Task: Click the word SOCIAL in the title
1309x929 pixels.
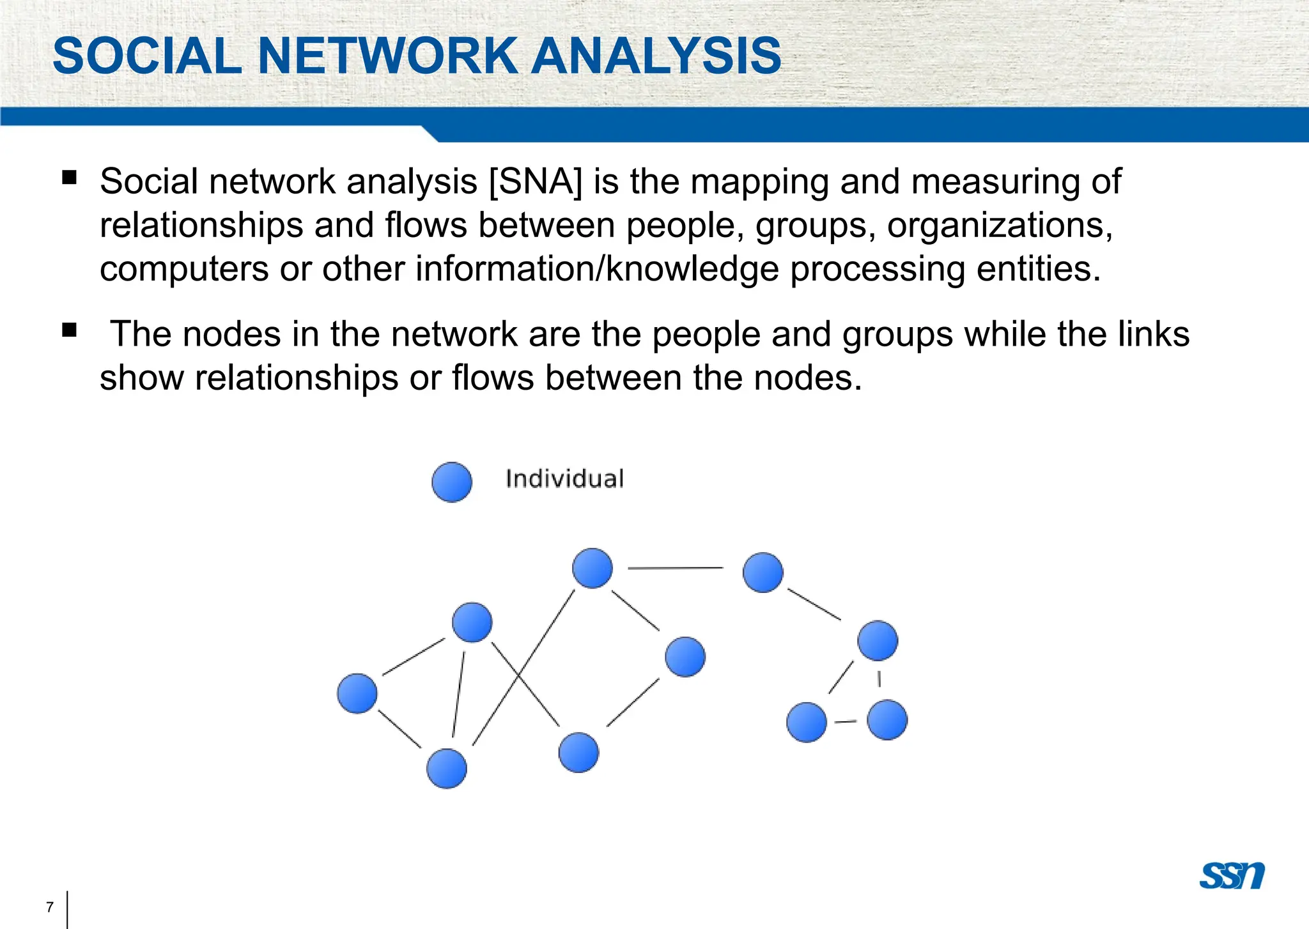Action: (x=147, y=56)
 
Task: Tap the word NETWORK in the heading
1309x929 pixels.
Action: (x=387, y=56)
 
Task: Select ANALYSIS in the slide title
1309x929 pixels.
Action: (x=656, y=56)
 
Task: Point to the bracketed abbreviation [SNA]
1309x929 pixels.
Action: (x=536, y=181)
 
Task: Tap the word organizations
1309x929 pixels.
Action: (x=1000, y=226)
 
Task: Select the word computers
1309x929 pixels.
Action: (x=184, y=270)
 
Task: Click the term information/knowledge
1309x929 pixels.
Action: (x=597, y=270)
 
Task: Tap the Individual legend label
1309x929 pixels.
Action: (x=564, y=479)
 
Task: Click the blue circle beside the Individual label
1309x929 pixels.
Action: (x=452, y=482)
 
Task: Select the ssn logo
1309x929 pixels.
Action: (x=1232, y=876)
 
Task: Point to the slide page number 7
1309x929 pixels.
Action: (x=50, y=907)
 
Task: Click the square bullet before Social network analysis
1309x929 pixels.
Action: (x=70, y=177)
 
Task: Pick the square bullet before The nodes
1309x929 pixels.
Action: (x=70, y=330)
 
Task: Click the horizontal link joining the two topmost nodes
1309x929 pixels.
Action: (x=676, y=567)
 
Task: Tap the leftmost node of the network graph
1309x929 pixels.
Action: (x=357, y=693)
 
